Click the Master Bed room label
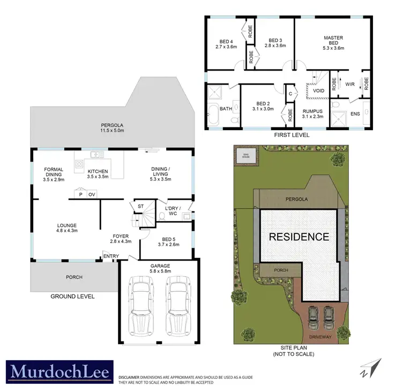coord(333,41)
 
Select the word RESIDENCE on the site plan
coord(299,237)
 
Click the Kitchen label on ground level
coord(98,173)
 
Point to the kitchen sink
coord(97,155)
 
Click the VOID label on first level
coord(318,91)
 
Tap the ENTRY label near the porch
coord(111,256)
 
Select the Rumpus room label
coord(312,113)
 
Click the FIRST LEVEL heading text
coord(291,135)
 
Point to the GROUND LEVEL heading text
coord(72,296)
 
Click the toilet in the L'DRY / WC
coord(162,216)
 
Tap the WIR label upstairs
coord(349,84)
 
